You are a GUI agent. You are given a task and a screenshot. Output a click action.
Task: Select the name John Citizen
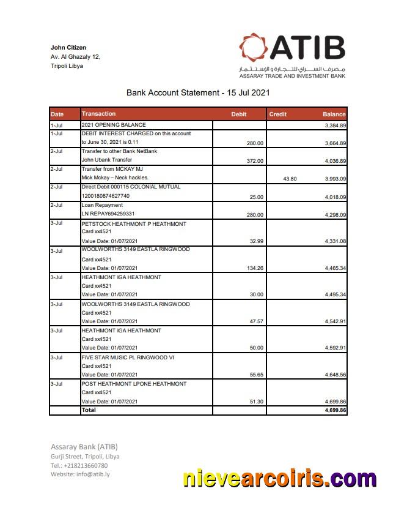68,48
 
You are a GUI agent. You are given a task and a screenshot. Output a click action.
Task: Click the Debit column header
238,114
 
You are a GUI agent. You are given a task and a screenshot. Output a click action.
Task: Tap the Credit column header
277,114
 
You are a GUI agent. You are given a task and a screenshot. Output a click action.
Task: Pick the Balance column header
334,114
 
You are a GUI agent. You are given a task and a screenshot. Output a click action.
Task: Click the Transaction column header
98,114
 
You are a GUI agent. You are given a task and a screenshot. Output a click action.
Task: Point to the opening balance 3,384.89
335,125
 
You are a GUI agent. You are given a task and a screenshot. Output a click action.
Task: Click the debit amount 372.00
254,161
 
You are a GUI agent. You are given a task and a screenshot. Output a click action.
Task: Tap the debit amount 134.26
254,268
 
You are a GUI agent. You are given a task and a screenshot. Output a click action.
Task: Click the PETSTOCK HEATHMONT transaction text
134,224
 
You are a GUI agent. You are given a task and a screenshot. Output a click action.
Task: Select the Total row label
89,410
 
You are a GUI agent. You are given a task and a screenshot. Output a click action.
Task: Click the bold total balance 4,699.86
335,410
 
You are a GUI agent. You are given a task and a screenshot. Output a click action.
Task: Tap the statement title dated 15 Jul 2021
198,93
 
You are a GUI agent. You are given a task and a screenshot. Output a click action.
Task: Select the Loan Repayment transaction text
102,205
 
